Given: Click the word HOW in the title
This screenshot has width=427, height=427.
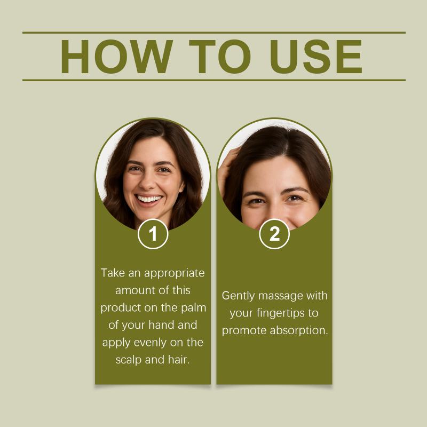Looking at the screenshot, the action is (x=117, y=57).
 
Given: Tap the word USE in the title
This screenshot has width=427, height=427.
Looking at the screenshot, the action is (x=316, y=57).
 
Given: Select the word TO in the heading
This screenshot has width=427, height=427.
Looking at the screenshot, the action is (x=220, y=57).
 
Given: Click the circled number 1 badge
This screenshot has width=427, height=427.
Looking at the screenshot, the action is (x=153, y=234).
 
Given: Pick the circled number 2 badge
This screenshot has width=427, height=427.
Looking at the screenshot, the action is (x=274, y=234).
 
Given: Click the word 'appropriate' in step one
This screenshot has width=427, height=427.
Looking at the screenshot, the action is (x=175, y=273).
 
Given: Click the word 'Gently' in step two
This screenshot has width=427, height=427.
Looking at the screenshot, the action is (x=238, y=296).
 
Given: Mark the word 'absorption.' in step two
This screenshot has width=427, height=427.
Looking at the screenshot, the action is (x=299, y=331).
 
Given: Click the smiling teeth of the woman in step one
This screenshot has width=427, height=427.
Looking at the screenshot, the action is (x=149, y=199).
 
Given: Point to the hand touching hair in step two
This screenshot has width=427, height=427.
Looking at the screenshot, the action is (x=228, y=169).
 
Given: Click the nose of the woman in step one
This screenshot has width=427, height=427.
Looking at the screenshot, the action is (x=148, y=183).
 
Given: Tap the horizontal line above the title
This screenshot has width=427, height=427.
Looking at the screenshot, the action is (x=214, y=33).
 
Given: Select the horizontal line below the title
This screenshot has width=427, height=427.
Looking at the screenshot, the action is (x=214, y=81).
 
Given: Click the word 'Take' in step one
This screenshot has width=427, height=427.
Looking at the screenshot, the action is (x=113, y=273).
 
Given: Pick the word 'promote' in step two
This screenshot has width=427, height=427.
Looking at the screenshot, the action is (x=244, y=331).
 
